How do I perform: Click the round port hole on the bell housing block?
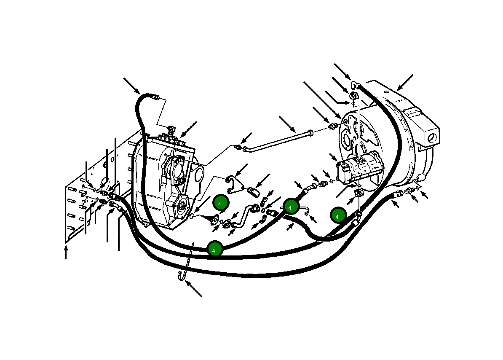tap(431, 137)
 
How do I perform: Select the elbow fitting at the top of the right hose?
tap(356, 86)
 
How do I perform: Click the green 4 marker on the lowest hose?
tap(214, 249)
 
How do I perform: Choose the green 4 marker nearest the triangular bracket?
tap(220, 203)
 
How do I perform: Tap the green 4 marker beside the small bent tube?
tap(291, 207)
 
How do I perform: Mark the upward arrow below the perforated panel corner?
tap(66, 252)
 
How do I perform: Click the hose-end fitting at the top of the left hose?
tap(156, 98)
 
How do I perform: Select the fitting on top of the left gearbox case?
tap(171, 128)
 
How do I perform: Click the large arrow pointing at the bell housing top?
tap(404, 83)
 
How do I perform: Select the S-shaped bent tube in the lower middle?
tap(243, 216)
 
